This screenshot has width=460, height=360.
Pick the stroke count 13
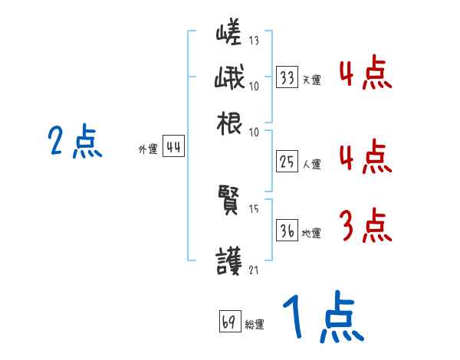(x=254, y=41)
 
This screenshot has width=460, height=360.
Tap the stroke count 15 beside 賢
(x=254, y=208)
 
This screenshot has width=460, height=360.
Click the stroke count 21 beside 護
(x=254, y=270)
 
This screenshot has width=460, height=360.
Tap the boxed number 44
(x=174, y=148)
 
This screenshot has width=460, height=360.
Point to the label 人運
(x=311, y=163)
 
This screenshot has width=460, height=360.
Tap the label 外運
(x=148, y=150)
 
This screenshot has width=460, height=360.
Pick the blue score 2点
(x=75, y=141)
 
